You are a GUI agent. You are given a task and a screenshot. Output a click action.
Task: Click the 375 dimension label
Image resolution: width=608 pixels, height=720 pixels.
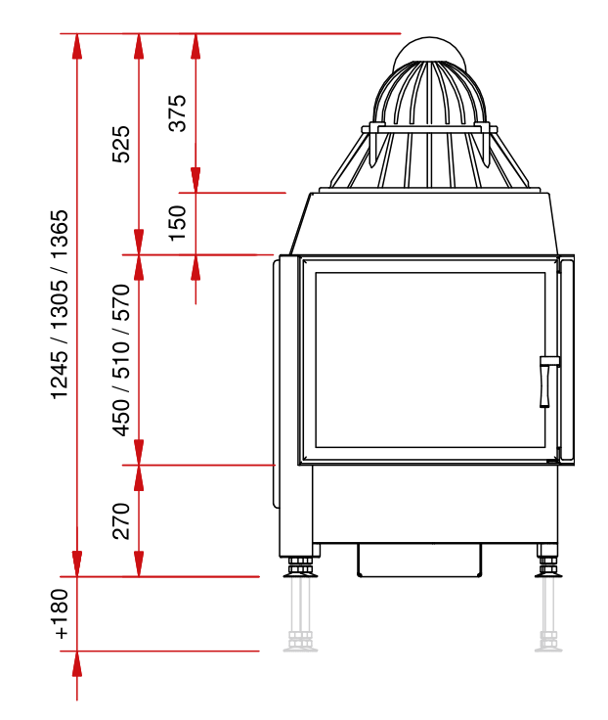[178, 112]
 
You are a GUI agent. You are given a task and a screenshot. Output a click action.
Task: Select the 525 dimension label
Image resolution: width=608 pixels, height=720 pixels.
[121, 144]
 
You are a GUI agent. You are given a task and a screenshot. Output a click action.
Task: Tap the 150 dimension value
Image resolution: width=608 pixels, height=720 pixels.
[178, 223]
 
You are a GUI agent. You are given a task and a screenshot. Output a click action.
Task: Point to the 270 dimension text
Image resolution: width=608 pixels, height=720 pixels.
[121, 521]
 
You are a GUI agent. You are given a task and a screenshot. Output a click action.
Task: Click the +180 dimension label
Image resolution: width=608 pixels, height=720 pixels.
[60, 614]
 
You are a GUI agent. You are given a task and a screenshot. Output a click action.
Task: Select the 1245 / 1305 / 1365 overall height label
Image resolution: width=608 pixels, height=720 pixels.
[60, 305]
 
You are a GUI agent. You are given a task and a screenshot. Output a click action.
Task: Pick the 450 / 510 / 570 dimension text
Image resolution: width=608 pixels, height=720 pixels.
[121, 360]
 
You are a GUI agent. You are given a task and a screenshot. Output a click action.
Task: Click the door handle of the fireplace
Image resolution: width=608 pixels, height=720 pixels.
[548, 382]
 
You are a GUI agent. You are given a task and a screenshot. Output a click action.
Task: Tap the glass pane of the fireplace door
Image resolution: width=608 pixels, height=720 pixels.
[430, 360]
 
